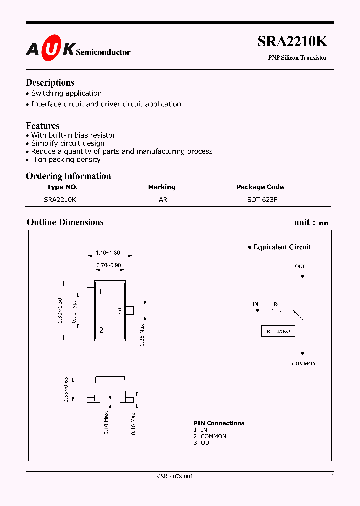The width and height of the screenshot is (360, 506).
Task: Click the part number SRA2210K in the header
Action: (x=292, y=42)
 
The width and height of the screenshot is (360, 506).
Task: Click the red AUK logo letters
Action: (x=50, y=48)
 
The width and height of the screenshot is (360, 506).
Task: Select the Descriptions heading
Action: (x=50, y=83)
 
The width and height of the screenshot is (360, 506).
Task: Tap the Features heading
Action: (x=42, y=126)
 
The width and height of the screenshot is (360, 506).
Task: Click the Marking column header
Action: (x=162, y=187)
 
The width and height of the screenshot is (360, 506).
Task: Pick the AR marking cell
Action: (x=163, y=199)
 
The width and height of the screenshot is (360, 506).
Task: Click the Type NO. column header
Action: (x=62, y=187)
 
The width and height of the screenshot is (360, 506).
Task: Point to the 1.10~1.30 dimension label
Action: (x=108, y=253)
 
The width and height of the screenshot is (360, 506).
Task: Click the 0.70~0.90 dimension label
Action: (x=108, y=265)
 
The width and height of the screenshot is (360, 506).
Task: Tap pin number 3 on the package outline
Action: (x=120, y=311)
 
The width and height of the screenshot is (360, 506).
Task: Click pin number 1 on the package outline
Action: (x=100, y=292)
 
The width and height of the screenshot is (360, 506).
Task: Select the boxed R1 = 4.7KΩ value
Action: (x=278, y=331)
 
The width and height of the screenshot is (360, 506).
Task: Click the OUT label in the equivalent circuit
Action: (x=300, y=267)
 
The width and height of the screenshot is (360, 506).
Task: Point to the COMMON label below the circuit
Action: (x=304, y=364)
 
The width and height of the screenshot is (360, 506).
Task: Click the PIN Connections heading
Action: (x=219, y=423)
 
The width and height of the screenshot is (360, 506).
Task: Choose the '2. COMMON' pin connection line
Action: (x=210, y=436)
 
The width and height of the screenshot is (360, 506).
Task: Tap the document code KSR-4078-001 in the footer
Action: (x=174, y=476)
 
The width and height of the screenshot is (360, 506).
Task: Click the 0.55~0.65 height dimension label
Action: (x=66, y=390)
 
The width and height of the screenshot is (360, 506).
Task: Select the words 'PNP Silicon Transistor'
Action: (x=297, y=58)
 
